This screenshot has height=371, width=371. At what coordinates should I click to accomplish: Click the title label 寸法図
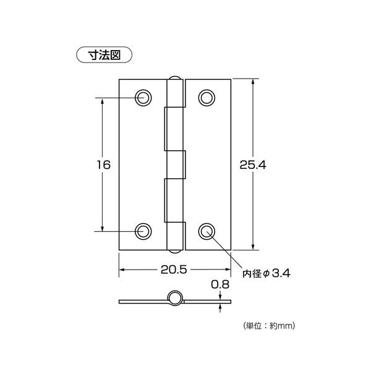point(104,55)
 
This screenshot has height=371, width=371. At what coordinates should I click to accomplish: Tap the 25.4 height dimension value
point(253,165)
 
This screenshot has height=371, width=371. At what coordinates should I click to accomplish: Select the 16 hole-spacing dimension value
point(104,164)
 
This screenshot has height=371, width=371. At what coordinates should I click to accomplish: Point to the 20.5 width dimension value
point(174,270)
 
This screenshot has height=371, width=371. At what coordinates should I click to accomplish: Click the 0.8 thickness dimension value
point(220,284)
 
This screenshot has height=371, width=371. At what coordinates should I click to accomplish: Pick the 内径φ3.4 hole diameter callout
point(267,273)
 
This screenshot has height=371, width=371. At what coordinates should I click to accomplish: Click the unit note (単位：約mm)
point(269,326)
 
